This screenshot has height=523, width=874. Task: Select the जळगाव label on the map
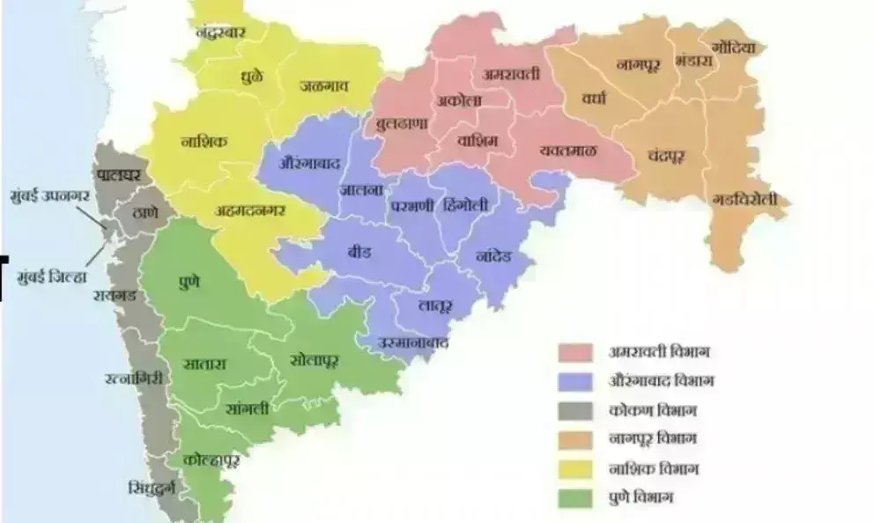(324, 85)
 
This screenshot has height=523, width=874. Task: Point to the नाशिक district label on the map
(204, 141)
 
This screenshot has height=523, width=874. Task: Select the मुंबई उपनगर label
(50, 194)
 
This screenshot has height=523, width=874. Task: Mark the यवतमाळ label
(568, 151)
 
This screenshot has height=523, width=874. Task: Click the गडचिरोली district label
(744, 200)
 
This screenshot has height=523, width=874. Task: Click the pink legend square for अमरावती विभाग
(575, 352)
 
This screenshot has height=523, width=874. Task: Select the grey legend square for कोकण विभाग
(575, 410)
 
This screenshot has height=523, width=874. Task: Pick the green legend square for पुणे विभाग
(575, 497)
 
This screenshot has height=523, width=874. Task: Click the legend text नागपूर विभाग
(661, 439)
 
